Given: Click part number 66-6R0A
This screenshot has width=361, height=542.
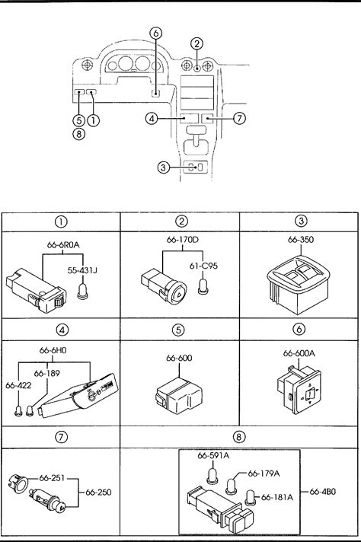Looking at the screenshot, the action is coord(63,245).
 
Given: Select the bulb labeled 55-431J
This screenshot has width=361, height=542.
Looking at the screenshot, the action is coord(83,291).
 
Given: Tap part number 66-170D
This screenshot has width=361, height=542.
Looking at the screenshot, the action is coord(183,240).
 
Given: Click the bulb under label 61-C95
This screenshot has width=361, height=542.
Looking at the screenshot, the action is coord(203,286).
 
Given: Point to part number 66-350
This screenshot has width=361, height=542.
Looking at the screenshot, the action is coord(301,240).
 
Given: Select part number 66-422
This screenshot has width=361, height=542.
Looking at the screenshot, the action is coord(18,385).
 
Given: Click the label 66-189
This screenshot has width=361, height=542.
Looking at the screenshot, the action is coord(47,373).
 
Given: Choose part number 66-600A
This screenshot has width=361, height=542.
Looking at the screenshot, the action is coord(299,353).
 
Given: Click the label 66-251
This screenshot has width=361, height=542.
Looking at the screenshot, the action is coord(53,478).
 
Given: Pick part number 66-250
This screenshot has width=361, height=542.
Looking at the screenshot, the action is coord(98,492).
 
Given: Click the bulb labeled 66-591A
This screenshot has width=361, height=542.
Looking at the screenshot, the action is coord(211,476).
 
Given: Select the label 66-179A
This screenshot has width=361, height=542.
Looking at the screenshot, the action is coord(264,473).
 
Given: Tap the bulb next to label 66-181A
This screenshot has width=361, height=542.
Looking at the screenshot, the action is coord(251,498).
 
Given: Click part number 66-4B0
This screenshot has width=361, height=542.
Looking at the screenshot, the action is coord(323,491).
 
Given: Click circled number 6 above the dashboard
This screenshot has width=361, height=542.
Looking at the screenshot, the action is coord(156,33).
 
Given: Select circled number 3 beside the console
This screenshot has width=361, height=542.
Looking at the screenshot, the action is coord(163,167).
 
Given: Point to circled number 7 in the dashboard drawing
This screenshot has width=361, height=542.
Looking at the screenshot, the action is coord(239,118).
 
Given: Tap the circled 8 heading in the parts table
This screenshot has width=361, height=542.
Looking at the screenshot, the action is coord(238,437).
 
